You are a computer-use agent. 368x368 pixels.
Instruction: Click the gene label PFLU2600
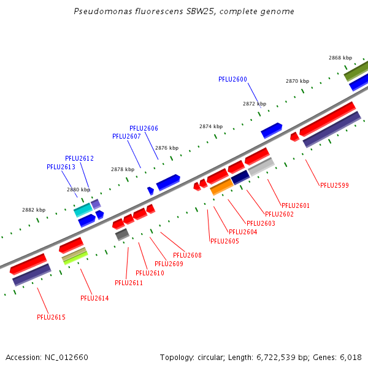232,79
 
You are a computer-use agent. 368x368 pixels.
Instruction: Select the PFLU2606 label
144,128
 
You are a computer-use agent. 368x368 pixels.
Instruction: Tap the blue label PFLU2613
61,167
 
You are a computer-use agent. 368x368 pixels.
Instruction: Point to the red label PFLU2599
334,185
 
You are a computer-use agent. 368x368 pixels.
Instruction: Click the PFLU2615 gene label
51,317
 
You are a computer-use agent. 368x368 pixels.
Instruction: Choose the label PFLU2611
129,283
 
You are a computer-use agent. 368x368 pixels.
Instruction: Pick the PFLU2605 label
224,241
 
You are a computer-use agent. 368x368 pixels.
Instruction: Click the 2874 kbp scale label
211,126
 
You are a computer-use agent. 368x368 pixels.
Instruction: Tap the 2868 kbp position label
340,58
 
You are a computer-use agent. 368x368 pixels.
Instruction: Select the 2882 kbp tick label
34,210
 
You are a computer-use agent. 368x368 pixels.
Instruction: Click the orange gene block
222,187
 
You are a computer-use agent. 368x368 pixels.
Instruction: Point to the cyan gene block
83,210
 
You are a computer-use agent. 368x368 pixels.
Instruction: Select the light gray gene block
261,167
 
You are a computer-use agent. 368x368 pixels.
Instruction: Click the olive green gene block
356,71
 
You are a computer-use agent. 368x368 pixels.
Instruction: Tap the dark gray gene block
122,234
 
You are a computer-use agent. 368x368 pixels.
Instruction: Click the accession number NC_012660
66,358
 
